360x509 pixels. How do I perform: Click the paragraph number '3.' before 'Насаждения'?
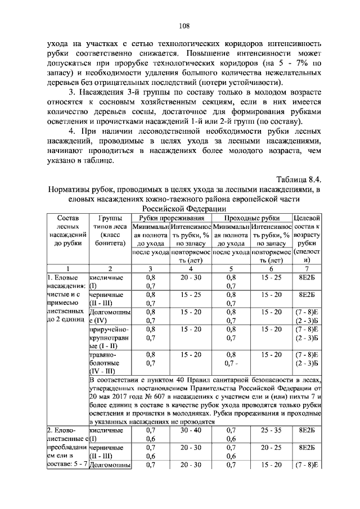[x=71, y=92]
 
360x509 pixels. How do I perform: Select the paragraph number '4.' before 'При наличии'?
[x=71, y=131]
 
